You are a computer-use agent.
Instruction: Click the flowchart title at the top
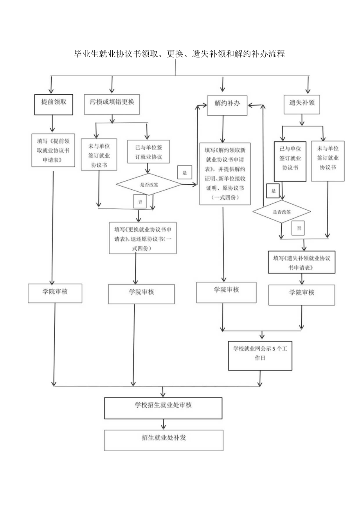[x=179, y=54]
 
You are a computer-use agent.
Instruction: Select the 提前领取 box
[x=54, y=104]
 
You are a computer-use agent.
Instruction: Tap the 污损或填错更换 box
[x=112, y=104]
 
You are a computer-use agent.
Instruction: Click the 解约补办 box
[x=227, y=104]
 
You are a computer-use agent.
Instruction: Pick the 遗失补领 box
[x=302, y=104]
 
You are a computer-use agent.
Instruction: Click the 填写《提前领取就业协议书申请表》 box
[x=53, y=150]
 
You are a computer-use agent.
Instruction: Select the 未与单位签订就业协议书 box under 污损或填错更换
[x=99, y=155]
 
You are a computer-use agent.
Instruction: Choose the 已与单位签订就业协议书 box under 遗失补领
[x=290, y=161]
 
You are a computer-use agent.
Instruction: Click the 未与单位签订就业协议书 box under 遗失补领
[x=328, y=161]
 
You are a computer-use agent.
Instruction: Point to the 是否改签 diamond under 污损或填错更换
[x=149, y=184]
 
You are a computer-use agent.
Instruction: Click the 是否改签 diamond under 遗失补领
[x=281, y=212]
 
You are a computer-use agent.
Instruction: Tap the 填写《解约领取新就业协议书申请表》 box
[x=225, y=173]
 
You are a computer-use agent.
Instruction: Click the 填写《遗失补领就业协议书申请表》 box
[x=301, y=262]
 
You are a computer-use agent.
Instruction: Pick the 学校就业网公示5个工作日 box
[x=260, y=355]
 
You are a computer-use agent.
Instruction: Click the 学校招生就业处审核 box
[x=163, y=408]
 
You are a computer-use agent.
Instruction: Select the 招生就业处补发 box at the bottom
[x=163, y=440]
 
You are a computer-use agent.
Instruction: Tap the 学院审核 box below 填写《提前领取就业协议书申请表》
[x=55, y=293]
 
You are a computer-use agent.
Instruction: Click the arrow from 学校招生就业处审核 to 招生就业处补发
[x=163, y=424]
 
